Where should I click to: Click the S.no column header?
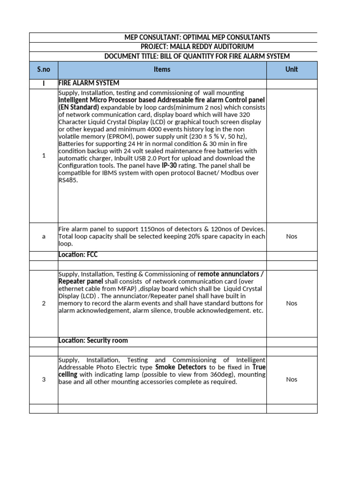pos(44,69)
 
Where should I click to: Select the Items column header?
pos(162,69)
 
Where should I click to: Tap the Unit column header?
pos(292,69)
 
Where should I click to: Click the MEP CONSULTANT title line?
pos(197,37)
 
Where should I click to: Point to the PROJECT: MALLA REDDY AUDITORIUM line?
pos(197,47)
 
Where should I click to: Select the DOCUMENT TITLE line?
pos(197,56)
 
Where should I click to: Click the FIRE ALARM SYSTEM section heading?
pos(89,83)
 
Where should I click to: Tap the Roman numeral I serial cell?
pos(44,83)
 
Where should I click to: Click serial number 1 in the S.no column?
pos(44,156)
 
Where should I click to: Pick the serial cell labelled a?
pos(44,237)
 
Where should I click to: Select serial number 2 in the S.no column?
pos(44,303)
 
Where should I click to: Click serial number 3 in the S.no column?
pos(44,379)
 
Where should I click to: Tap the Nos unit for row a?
pos(292,237)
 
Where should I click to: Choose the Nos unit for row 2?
pos(292,303)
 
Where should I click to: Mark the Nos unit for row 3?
pos(292,379)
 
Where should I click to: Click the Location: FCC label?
pos(78,255)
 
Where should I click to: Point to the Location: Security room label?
pos(93,341)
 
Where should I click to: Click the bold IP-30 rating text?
pos(170,166)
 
